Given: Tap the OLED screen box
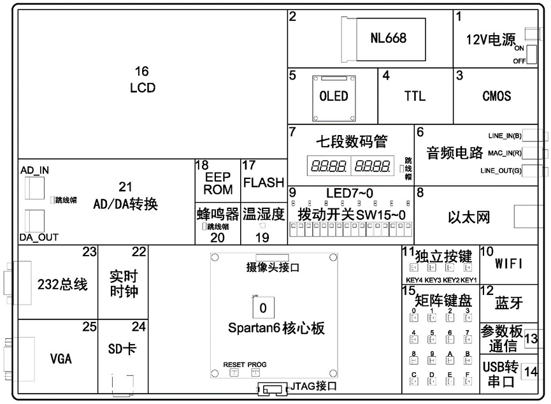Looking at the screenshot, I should click(333, 96).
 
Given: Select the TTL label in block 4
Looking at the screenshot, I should click(415, 96).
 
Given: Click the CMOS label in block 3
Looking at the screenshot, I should click(496, 96).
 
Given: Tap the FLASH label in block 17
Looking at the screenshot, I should click(263, 183).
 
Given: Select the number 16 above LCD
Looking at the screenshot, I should click(142, 70).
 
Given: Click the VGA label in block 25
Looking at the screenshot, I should click(61, 359).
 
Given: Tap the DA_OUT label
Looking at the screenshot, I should click(39, 237).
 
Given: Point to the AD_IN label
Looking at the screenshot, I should click(35, 171).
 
